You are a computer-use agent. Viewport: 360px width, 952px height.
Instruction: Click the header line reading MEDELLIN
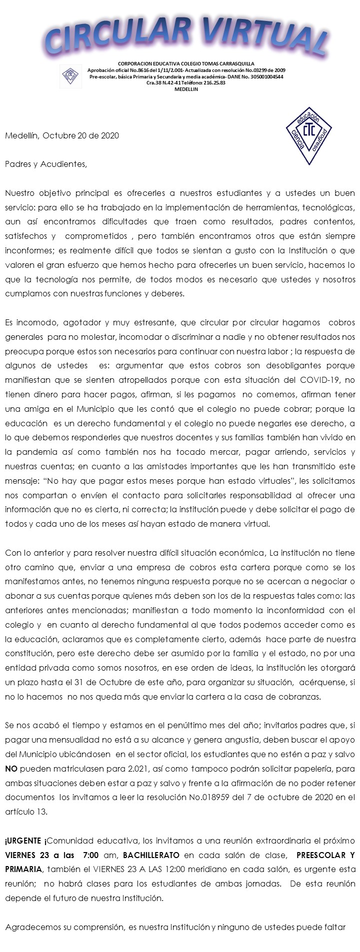coord(186,89)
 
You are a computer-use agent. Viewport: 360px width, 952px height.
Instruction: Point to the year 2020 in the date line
coord(109,135)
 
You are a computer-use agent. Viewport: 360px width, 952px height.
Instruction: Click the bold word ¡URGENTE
coord(25,840)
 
